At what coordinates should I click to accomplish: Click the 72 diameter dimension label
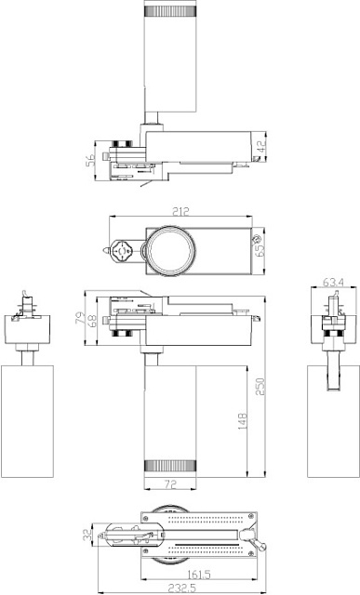tap(169, 484)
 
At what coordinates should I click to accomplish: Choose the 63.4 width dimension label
tap(332, 282)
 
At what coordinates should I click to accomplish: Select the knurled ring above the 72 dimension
tap(169, 463)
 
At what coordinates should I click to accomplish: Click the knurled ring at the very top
tap(169, 10)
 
